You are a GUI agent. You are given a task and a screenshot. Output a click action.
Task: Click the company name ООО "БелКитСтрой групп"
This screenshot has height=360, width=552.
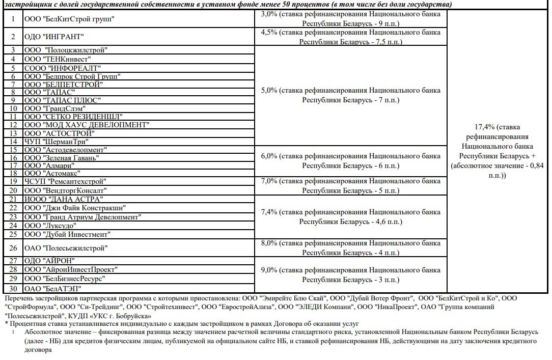(x=69, y=19)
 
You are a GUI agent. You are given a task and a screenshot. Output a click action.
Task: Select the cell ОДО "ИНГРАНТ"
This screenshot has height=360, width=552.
(x=54, y=37)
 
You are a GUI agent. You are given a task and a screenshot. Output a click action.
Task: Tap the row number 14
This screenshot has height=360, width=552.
(x=13, y=142)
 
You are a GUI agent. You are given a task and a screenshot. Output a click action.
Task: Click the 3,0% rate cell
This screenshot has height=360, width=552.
(x=350, y=19)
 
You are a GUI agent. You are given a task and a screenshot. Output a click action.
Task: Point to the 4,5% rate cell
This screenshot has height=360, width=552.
(x=350, y=37)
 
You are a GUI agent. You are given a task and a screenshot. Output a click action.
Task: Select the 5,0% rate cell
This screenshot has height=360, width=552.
(x=350, y=95)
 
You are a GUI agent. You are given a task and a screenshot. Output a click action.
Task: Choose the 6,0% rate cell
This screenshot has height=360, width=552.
(x=350, y=161)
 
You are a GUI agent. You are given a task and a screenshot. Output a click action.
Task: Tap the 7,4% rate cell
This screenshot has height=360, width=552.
(x=350, y=216)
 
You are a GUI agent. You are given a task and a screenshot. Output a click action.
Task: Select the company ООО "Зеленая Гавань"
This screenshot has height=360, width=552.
(x=62, y=158)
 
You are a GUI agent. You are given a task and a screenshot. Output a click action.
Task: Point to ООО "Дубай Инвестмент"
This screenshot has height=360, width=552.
(x=67, y=235)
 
